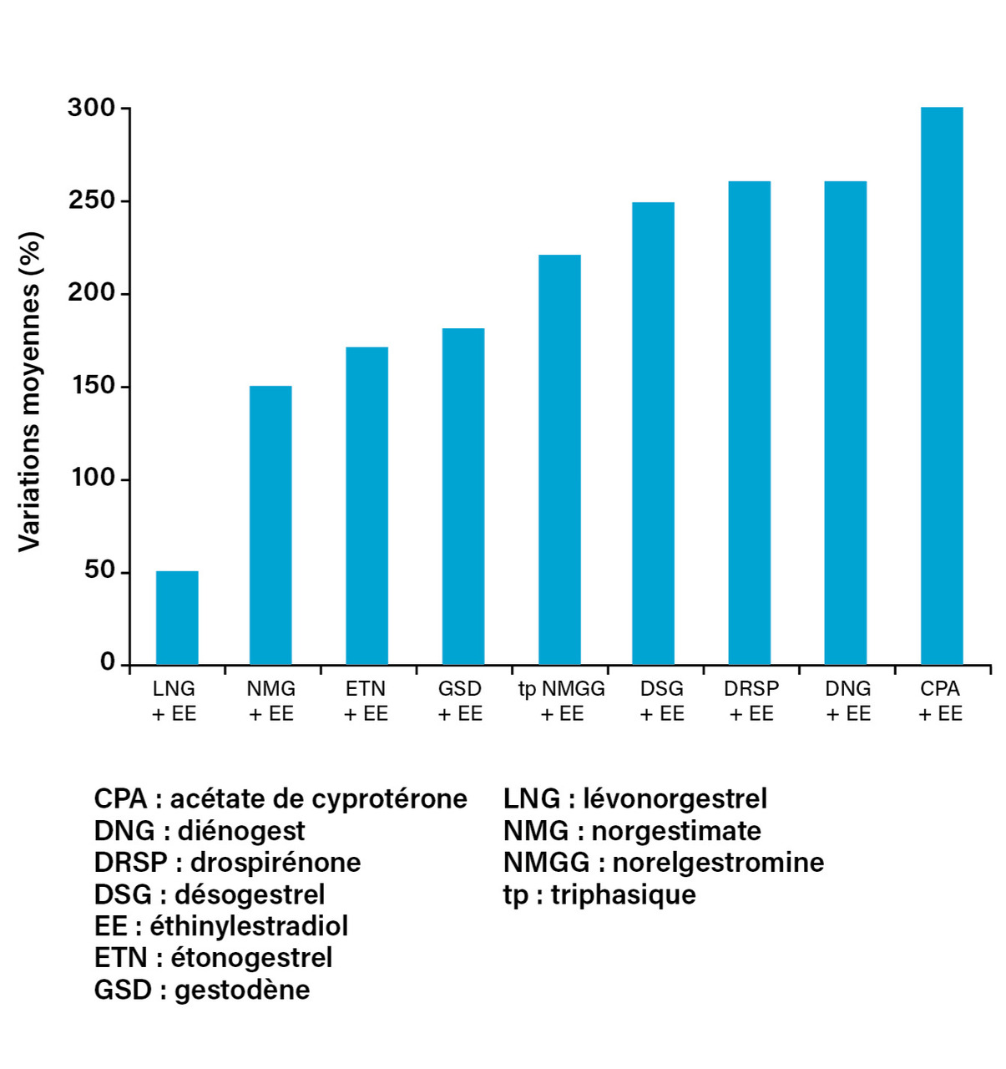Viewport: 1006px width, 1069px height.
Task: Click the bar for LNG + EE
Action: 177,618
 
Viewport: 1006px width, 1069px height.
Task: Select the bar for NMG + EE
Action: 270,525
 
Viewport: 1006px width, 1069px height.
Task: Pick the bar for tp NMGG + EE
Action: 559,459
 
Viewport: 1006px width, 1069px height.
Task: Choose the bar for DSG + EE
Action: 653,433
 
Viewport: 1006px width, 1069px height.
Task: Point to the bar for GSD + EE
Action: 463,496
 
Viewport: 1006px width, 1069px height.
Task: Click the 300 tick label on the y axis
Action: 92,108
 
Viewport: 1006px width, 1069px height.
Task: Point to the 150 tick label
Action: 92,387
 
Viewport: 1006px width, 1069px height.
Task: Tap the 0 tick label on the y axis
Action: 108,662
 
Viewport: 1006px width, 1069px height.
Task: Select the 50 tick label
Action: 99,571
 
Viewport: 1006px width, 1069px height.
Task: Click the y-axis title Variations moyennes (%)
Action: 30,391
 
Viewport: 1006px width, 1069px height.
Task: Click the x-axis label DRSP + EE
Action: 751,701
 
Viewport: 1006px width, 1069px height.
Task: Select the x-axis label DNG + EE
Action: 848,701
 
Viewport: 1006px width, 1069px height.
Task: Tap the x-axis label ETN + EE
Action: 366,701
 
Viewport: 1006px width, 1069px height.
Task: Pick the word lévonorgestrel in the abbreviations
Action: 675,799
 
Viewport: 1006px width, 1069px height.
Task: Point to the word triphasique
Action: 623,894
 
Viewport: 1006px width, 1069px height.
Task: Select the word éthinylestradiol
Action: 249,926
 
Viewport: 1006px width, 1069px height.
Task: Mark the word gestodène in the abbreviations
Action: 242,990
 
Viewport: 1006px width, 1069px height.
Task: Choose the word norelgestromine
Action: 718,863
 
